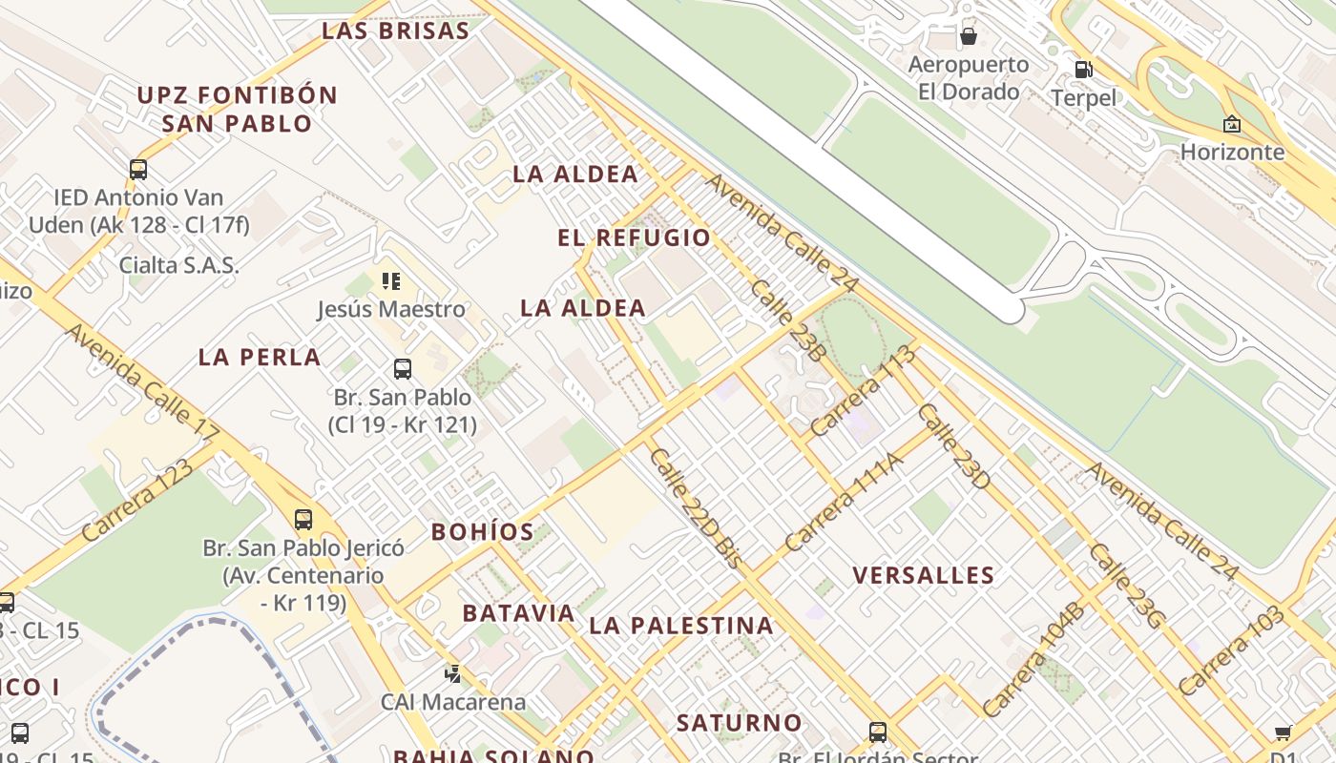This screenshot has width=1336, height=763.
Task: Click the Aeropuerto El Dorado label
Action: (x=968, y=78)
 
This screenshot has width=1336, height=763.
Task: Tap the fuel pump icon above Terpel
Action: (x=1083, y=69)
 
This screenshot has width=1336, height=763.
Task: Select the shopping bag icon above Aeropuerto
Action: (x=969, y=36)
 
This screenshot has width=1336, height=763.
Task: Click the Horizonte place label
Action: (x=1232, y=152)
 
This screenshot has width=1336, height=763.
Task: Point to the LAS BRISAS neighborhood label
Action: (x=395, y=31)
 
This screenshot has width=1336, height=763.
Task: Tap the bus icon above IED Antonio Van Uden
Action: (x=138, y=170)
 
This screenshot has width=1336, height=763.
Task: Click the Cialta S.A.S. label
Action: (x=178, y=265)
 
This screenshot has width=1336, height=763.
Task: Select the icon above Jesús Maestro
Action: (x=391, y=281)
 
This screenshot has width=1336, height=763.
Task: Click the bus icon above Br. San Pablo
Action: (x=403, y=368)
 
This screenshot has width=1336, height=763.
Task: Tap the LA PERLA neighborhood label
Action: (x=260, y=358)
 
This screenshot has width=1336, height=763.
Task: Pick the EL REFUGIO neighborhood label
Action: (x=635, y=238)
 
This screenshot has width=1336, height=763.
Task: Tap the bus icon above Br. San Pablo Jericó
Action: (x=303, y=520)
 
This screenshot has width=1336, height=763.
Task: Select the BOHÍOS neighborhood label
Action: (x=482, y=532)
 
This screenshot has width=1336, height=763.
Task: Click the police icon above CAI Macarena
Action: (x=453, y=673)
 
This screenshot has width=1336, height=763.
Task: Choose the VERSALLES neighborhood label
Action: (x=924, y=575)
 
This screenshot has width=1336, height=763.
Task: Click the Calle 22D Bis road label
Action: (x=695, y=508)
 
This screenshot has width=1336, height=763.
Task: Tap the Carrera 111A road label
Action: (x=843, y=502)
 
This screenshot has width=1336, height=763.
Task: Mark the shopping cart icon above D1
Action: (x=1284, y=732)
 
